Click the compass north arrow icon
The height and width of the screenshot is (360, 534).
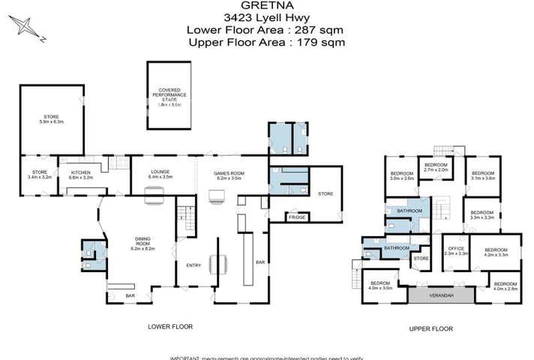point(27,28)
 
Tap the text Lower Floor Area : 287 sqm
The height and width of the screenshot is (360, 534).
point(265,29)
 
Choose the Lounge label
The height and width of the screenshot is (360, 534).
point(160,174)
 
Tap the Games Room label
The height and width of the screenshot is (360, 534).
point(231,175)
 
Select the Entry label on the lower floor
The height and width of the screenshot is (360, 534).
point(193,265)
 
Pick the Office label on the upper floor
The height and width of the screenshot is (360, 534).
point(456,250)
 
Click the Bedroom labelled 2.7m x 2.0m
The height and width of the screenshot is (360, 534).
point(436,167)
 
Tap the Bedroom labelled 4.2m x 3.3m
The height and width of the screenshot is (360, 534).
point(496,252)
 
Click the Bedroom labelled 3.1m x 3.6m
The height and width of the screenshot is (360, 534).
point(481,175)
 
